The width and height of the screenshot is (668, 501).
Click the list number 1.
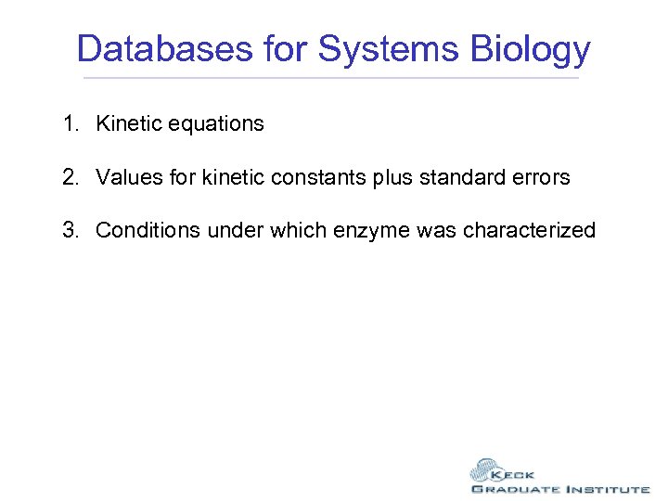click(x=71, y=123)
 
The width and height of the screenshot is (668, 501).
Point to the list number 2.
click(x=71, y=177)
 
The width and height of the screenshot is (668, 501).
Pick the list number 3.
click(x=71, y=230)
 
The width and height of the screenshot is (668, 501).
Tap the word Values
click(x=125, y=177)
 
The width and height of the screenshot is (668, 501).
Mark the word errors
click(x=541, y=177)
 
